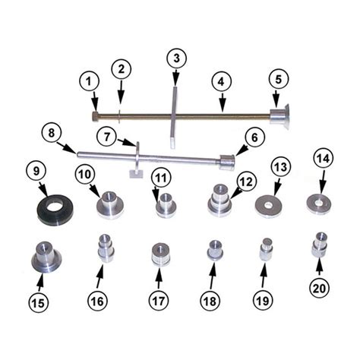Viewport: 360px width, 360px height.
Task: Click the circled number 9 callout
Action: [36, 171]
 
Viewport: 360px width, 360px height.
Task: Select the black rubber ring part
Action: [55, 208]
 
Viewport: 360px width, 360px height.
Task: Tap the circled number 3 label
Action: [176, 58]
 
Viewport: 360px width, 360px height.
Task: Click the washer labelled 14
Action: [319, 203]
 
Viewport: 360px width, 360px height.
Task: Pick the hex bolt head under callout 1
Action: [95, 116]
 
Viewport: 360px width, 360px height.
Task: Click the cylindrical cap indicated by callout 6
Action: [227, 163]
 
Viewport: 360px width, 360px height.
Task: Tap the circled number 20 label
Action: [320, 289]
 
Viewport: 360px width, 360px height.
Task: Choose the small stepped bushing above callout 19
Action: [267, 250]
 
